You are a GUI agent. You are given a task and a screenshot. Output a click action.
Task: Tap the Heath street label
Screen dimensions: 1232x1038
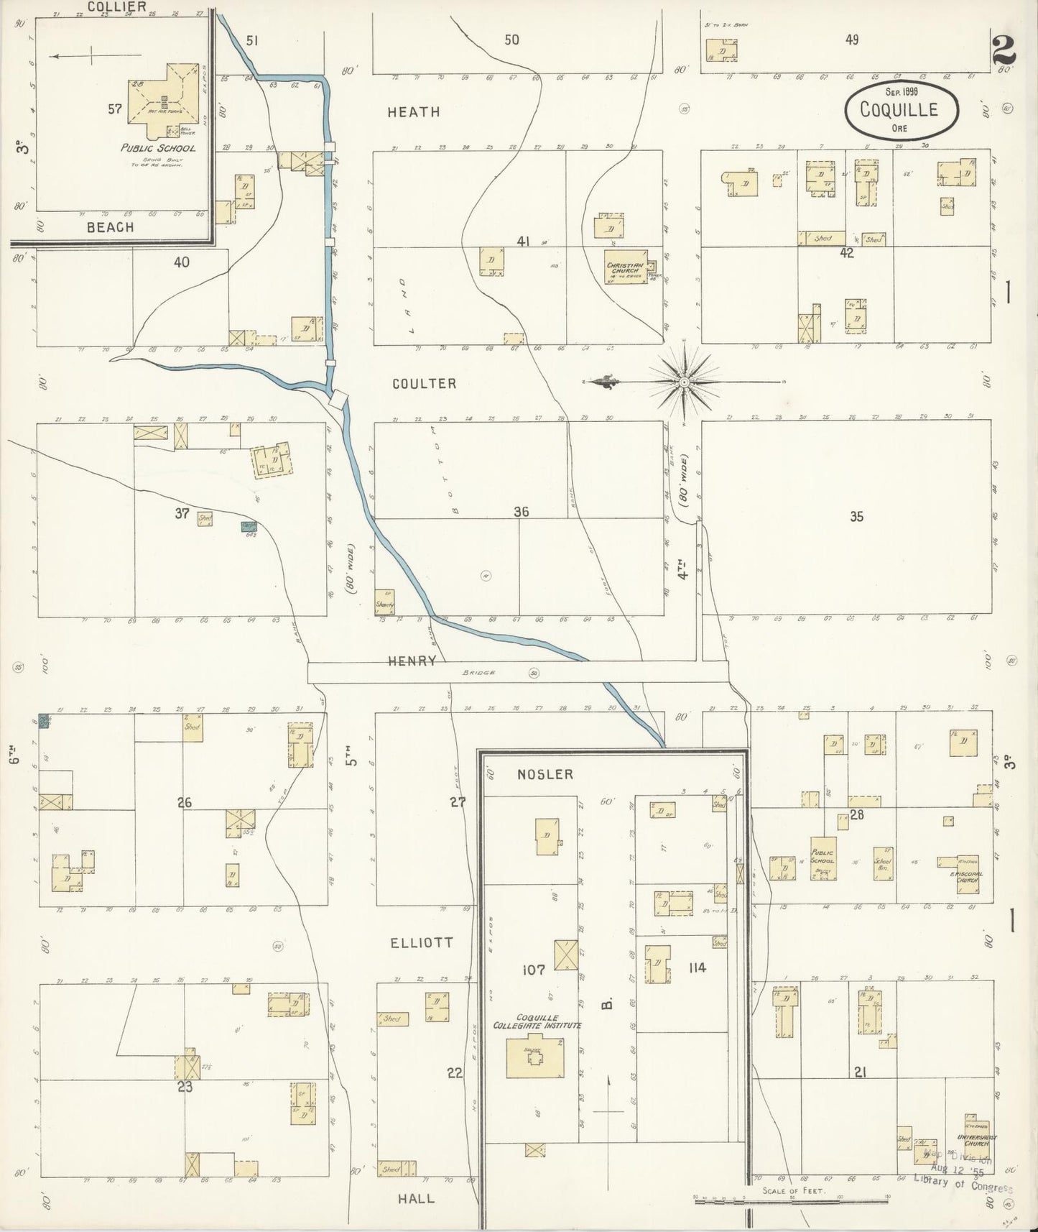click(x=413, y=112)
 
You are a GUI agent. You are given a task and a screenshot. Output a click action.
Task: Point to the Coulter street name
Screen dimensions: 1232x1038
click(x=424, y=384)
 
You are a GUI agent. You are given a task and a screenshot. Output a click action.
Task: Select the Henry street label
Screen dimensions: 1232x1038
click(x=412, y=661)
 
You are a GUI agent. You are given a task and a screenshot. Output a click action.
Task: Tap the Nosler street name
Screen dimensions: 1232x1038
click(x=545, y=774)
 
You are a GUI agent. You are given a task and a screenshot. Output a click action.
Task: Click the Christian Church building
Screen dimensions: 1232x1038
click(x=626, y=267)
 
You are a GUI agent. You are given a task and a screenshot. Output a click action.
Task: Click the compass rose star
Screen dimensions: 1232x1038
click(x=685, y=382)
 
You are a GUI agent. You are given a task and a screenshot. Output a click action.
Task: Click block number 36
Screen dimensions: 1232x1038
click(x=522, y=512)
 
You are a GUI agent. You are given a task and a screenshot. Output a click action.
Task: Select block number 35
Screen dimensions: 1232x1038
click(x=856, y=516)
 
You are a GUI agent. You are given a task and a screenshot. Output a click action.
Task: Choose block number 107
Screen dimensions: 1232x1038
click(x=534, y=970)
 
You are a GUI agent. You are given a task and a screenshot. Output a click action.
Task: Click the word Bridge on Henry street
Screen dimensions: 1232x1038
click(x=479, y=673)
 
